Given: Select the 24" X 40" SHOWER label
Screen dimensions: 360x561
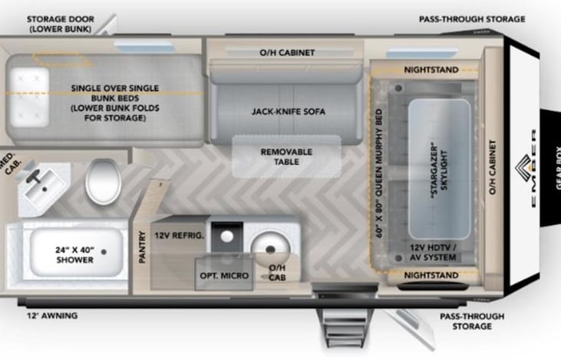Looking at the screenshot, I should [74, 255].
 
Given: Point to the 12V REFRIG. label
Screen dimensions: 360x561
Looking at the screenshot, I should [179, 236].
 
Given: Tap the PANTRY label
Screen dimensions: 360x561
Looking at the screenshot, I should [142, 249].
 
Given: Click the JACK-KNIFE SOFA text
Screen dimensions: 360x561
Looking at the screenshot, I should [288, 111].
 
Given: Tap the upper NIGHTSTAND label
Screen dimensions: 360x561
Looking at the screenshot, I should [431, 70].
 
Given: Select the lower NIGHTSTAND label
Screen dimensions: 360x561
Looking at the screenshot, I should [431, 274].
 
